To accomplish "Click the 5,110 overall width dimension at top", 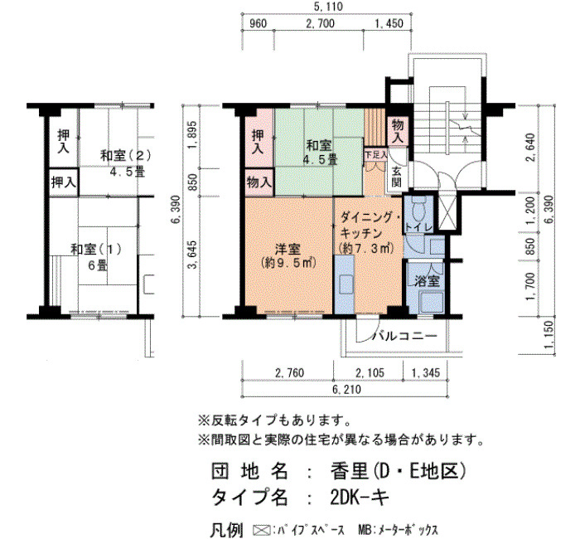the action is pos(328,7).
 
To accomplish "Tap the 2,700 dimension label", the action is pos(321,24).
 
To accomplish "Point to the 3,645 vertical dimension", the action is pos(193,255).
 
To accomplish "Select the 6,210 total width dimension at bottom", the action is pos(346,389).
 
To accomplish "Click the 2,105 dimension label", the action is pos(370,372).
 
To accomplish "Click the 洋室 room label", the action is pos(288,249).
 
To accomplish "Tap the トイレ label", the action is pos(418,227).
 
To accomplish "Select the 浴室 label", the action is pos(427,281).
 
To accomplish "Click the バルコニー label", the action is pos(404,336).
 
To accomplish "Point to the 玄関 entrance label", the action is pos(397,177).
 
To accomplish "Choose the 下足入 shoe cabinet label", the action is pos(375,155).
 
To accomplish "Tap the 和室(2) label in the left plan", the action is pos(126,156).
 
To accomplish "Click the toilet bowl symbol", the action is pos(418,209).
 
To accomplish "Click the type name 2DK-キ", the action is pos(360,497).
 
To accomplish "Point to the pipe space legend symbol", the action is pos(261,530).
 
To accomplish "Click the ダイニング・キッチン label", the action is pos(367,225).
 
